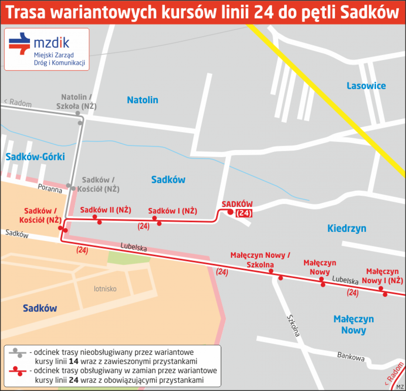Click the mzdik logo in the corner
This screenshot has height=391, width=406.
47,49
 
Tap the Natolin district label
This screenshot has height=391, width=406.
142,100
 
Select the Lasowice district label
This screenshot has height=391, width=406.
366,86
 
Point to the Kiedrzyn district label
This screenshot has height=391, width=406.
347,228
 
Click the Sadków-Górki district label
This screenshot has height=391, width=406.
35,157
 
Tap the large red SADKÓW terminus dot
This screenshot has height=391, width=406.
230,212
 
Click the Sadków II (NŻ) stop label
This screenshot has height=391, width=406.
105,210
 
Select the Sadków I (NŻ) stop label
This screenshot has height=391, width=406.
172,211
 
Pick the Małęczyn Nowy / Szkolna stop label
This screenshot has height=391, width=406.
260,260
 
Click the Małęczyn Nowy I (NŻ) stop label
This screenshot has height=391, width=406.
382,276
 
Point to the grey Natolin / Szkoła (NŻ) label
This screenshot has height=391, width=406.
76,102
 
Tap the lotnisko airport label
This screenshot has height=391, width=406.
105,289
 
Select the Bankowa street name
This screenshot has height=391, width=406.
351,356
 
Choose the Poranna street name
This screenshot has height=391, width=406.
50,188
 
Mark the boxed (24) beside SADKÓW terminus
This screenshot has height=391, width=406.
244,213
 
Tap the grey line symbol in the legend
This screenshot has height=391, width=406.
17,353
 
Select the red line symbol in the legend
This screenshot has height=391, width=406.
17,371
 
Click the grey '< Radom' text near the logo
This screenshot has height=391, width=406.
18,103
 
